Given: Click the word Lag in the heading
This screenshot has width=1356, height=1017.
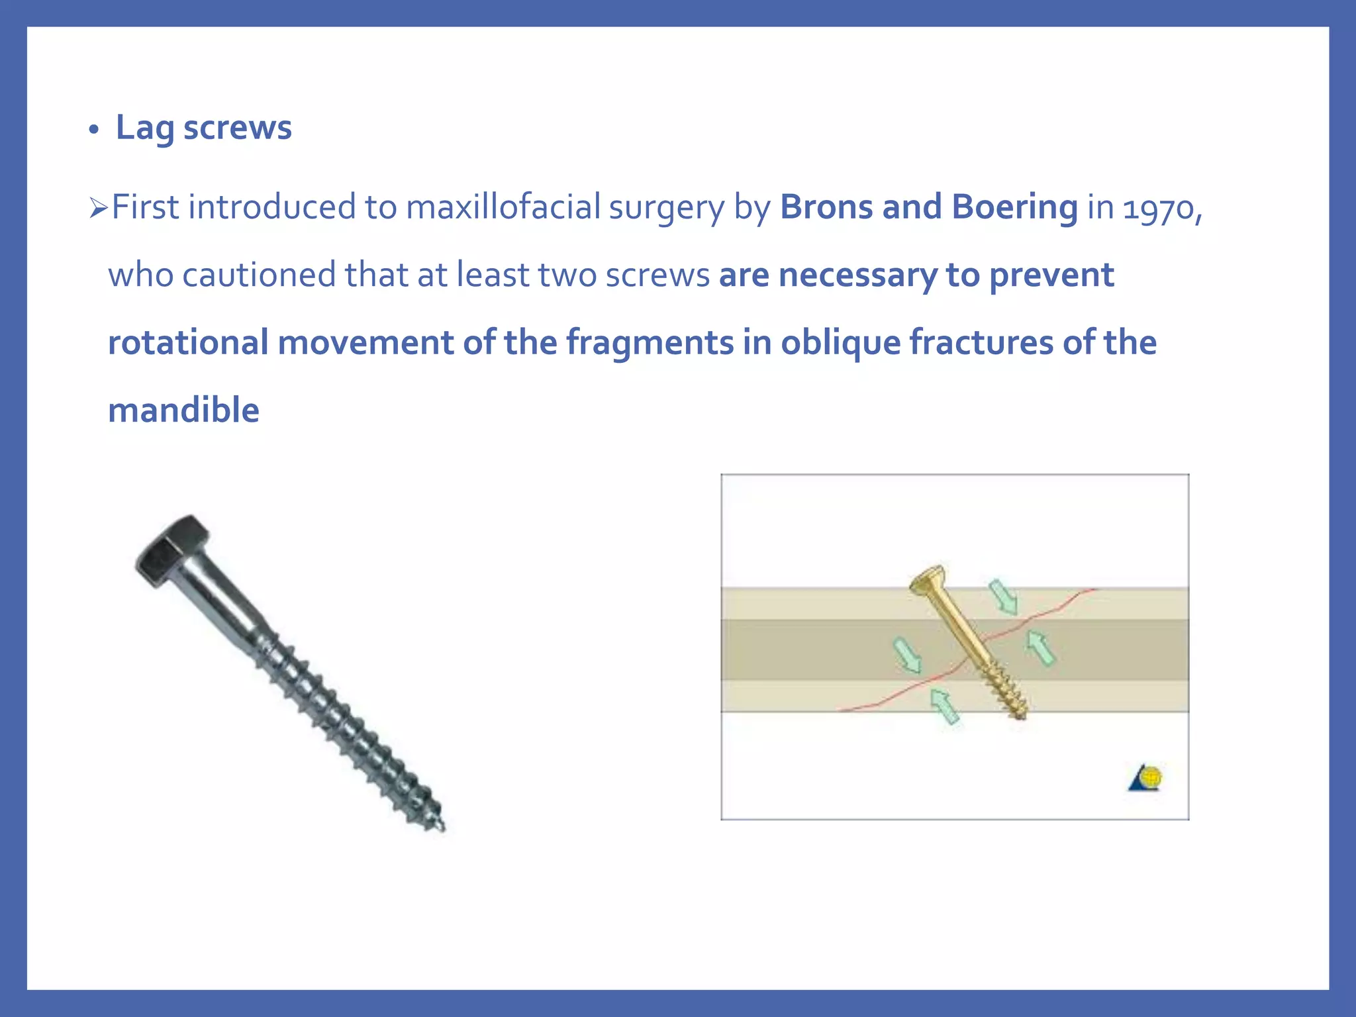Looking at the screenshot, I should point(145,127).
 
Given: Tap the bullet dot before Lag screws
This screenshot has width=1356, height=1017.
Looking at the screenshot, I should point(94,130).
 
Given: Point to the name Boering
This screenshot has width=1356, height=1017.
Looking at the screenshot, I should point(1014,207).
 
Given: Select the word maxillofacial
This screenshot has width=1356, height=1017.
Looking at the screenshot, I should point(503,207).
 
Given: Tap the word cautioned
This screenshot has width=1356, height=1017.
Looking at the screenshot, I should point(259,275).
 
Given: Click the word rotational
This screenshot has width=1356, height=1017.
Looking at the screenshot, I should point(188,343).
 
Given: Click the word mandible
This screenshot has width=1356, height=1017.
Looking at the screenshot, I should point(183,411).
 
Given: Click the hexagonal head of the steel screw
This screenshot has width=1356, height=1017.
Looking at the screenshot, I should point(171,549).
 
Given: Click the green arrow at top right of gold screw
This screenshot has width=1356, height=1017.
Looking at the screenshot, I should point(1004,597).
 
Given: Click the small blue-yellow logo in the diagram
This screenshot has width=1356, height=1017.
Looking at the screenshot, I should point(1146,778).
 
